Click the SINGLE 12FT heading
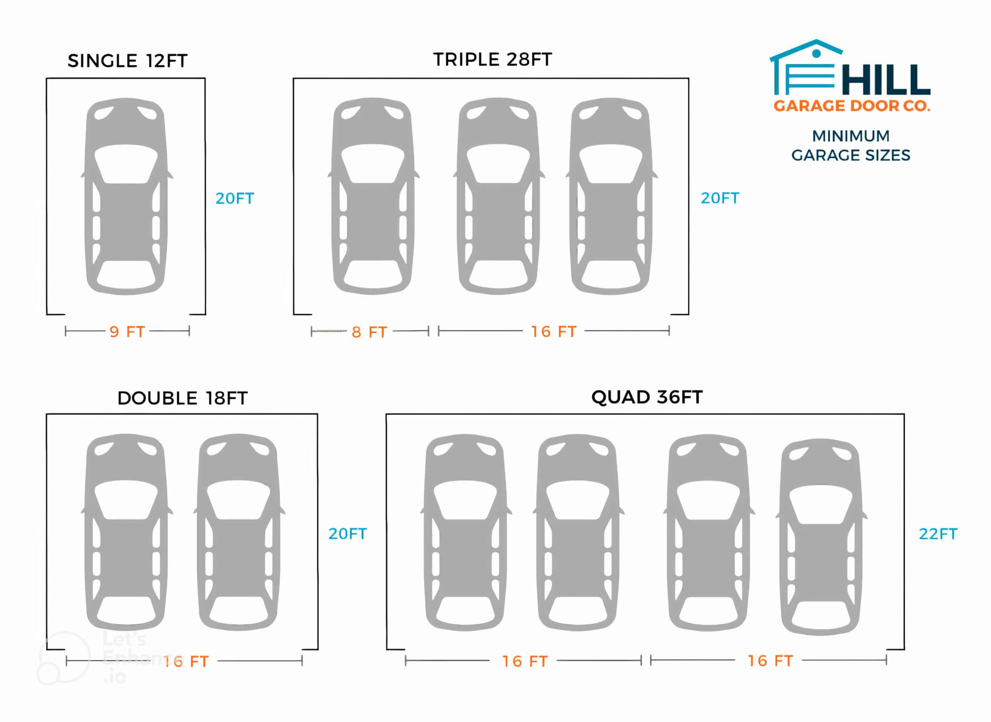[127, 61]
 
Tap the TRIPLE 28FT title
[492, 60]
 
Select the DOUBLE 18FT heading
[182, 398]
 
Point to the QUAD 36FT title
[646, 397]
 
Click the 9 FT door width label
[127, 332]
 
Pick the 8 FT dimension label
[369, 332]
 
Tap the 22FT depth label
[938, 534]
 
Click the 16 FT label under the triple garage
[554, 332]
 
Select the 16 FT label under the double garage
[186, 662]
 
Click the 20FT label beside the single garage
[234, 198]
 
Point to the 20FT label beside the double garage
[347, 534]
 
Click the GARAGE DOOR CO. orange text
[851, 106]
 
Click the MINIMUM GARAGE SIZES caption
[851, 145]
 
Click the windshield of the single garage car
[126, 164]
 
